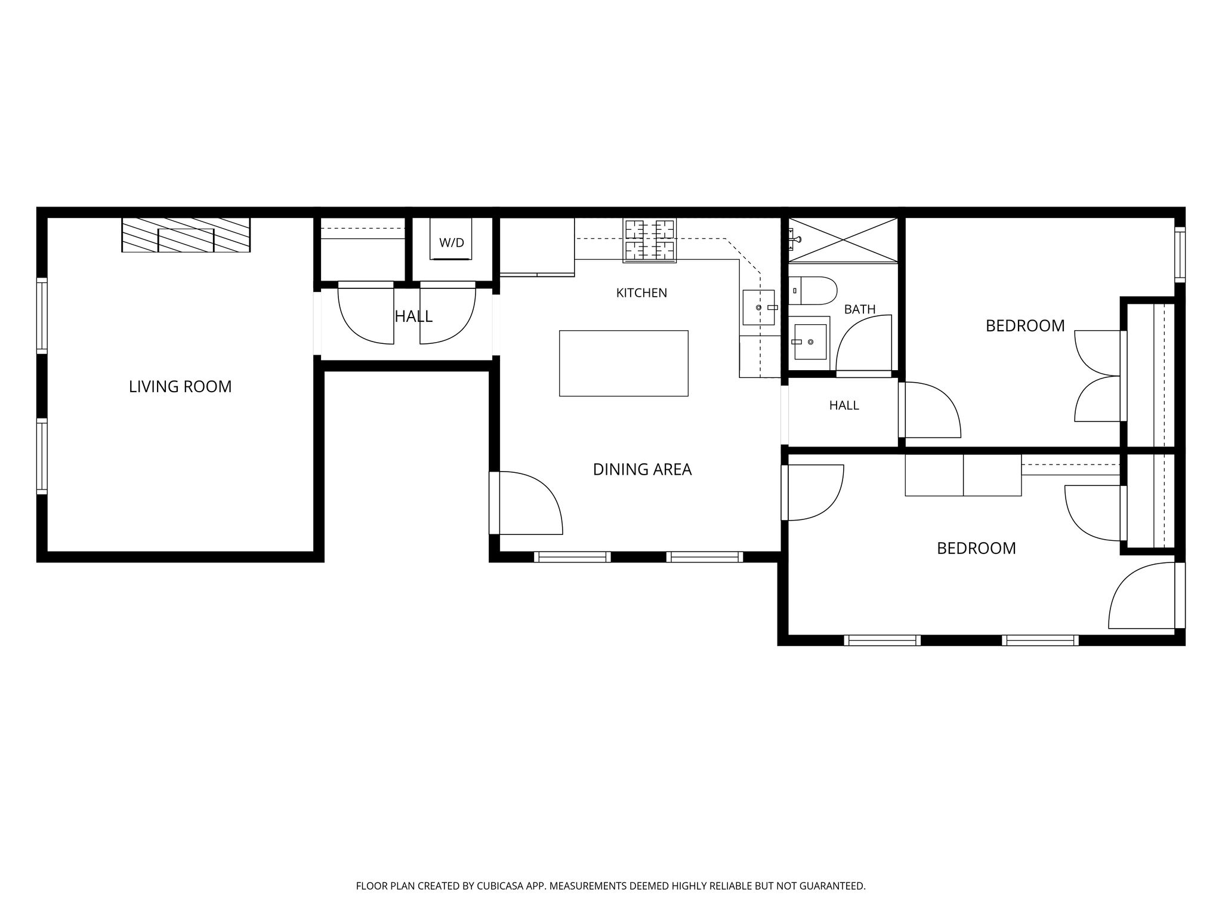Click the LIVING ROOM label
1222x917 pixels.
[x=180, y=387]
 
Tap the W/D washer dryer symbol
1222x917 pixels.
[x=452, y=239]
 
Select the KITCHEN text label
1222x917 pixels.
[x=641, y=293]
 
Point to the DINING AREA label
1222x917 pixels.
[x=642, y=470]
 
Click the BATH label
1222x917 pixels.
[x=860, y=309]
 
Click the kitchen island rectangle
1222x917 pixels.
[x=624, y=363]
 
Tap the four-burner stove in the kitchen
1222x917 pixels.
[x=650, y=241]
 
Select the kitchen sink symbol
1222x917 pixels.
[x=759, y=307]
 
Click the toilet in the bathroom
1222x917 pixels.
[x=813, y=291]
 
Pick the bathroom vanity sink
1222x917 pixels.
[x=810, y=342]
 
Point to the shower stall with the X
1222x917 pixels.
[x=843, y=240]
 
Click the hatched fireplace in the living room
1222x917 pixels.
[x=186, y=235]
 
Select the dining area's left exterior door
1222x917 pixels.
[x=526, y=503]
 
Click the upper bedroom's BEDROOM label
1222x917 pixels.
[x=1025, y=326]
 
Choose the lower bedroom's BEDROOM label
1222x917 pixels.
[x=976, y=549]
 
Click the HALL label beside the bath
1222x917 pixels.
[x=844, y=406]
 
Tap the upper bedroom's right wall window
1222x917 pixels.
[x=1180, y=254]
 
